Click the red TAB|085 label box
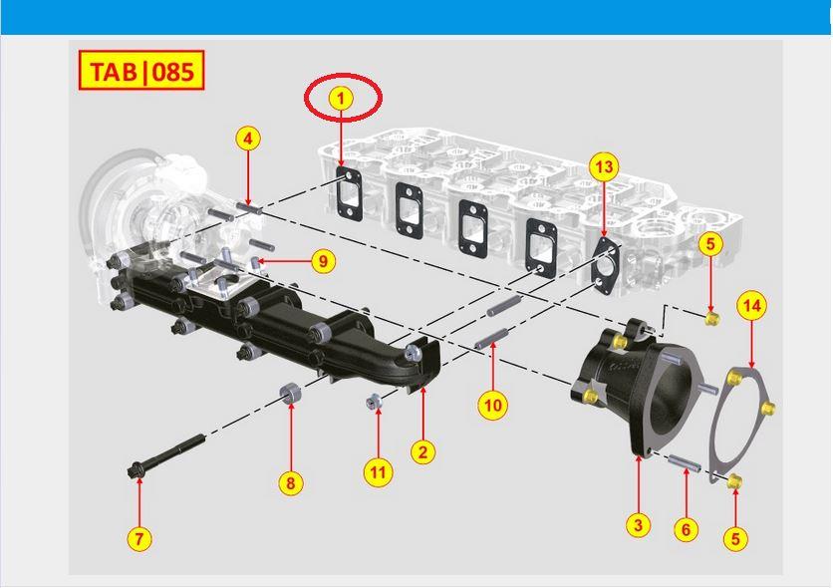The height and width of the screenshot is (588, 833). click(141, 70)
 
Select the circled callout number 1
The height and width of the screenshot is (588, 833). click(341, 99)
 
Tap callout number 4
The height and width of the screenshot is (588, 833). click(248, 140)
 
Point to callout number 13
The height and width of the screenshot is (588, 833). click(604, 166)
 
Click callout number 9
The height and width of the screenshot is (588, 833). click(324, 261)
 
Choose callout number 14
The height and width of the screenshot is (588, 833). click(751, 306)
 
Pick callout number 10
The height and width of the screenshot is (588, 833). click(492, 406)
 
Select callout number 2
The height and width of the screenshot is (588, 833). click(422, 452)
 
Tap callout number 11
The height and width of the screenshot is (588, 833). click(378, 472)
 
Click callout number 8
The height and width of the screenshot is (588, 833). click(291, 483)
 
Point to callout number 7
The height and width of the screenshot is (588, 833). click(139, 538)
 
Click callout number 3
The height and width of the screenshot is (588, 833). click(638, 525)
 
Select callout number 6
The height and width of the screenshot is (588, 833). click(686, 529)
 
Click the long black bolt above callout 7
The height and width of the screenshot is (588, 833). click(166, 455)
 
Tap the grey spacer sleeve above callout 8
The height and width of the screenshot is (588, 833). click(291, 393)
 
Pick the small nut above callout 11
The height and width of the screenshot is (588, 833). click(373, 402)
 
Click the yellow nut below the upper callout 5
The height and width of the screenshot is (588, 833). click(711, 319)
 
